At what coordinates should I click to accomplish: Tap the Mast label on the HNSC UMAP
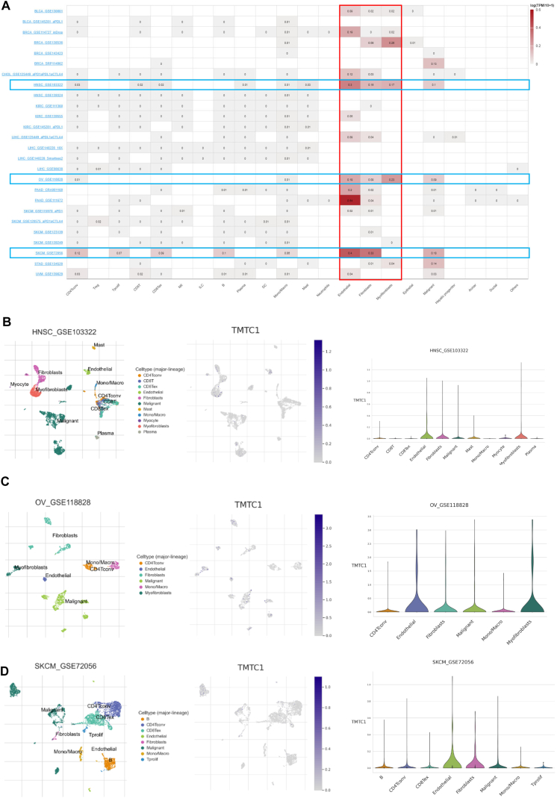[x=98, y=346]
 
